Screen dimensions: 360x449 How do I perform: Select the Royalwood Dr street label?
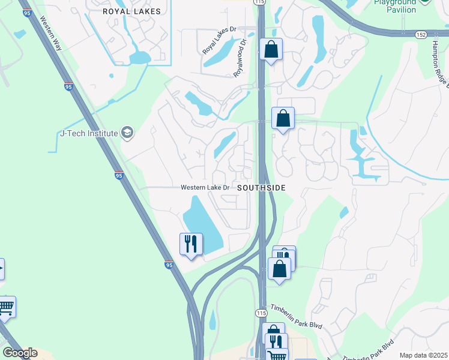(240, 58)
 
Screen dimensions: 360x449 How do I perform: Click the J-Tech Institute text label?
(89, 133)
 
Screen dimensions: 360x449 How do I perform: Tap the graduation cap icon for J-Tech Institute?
(127, 132)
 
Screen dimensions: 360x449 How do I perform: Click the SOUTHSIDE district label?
(261, 188)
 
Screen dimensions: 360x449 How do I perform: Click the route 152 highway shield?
(421, 35)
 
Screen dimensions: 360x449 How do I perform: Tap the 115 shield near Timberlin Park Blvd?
(261, 314)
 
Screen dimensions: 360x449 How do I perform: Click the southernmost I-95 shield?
(169, 264)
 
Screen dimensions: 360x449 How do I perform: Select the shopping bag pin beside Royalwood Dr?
(271, 49)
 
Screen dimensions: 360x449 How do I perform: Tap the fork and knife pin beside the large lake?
(191, 244)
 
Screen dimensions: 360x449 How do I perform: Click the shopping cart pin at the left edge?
(6, 307)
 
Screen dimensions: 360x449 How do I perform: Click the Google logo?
(20, 353)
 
